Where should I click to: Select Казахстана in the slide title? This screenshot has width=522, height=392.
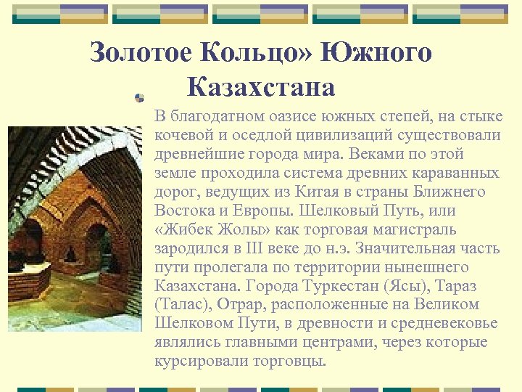coord(261,88)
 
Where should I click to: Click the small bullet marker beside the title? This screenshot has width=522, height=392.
coord(140,97)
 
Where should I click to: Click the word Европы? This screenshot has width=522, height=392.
coord(255,211)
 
